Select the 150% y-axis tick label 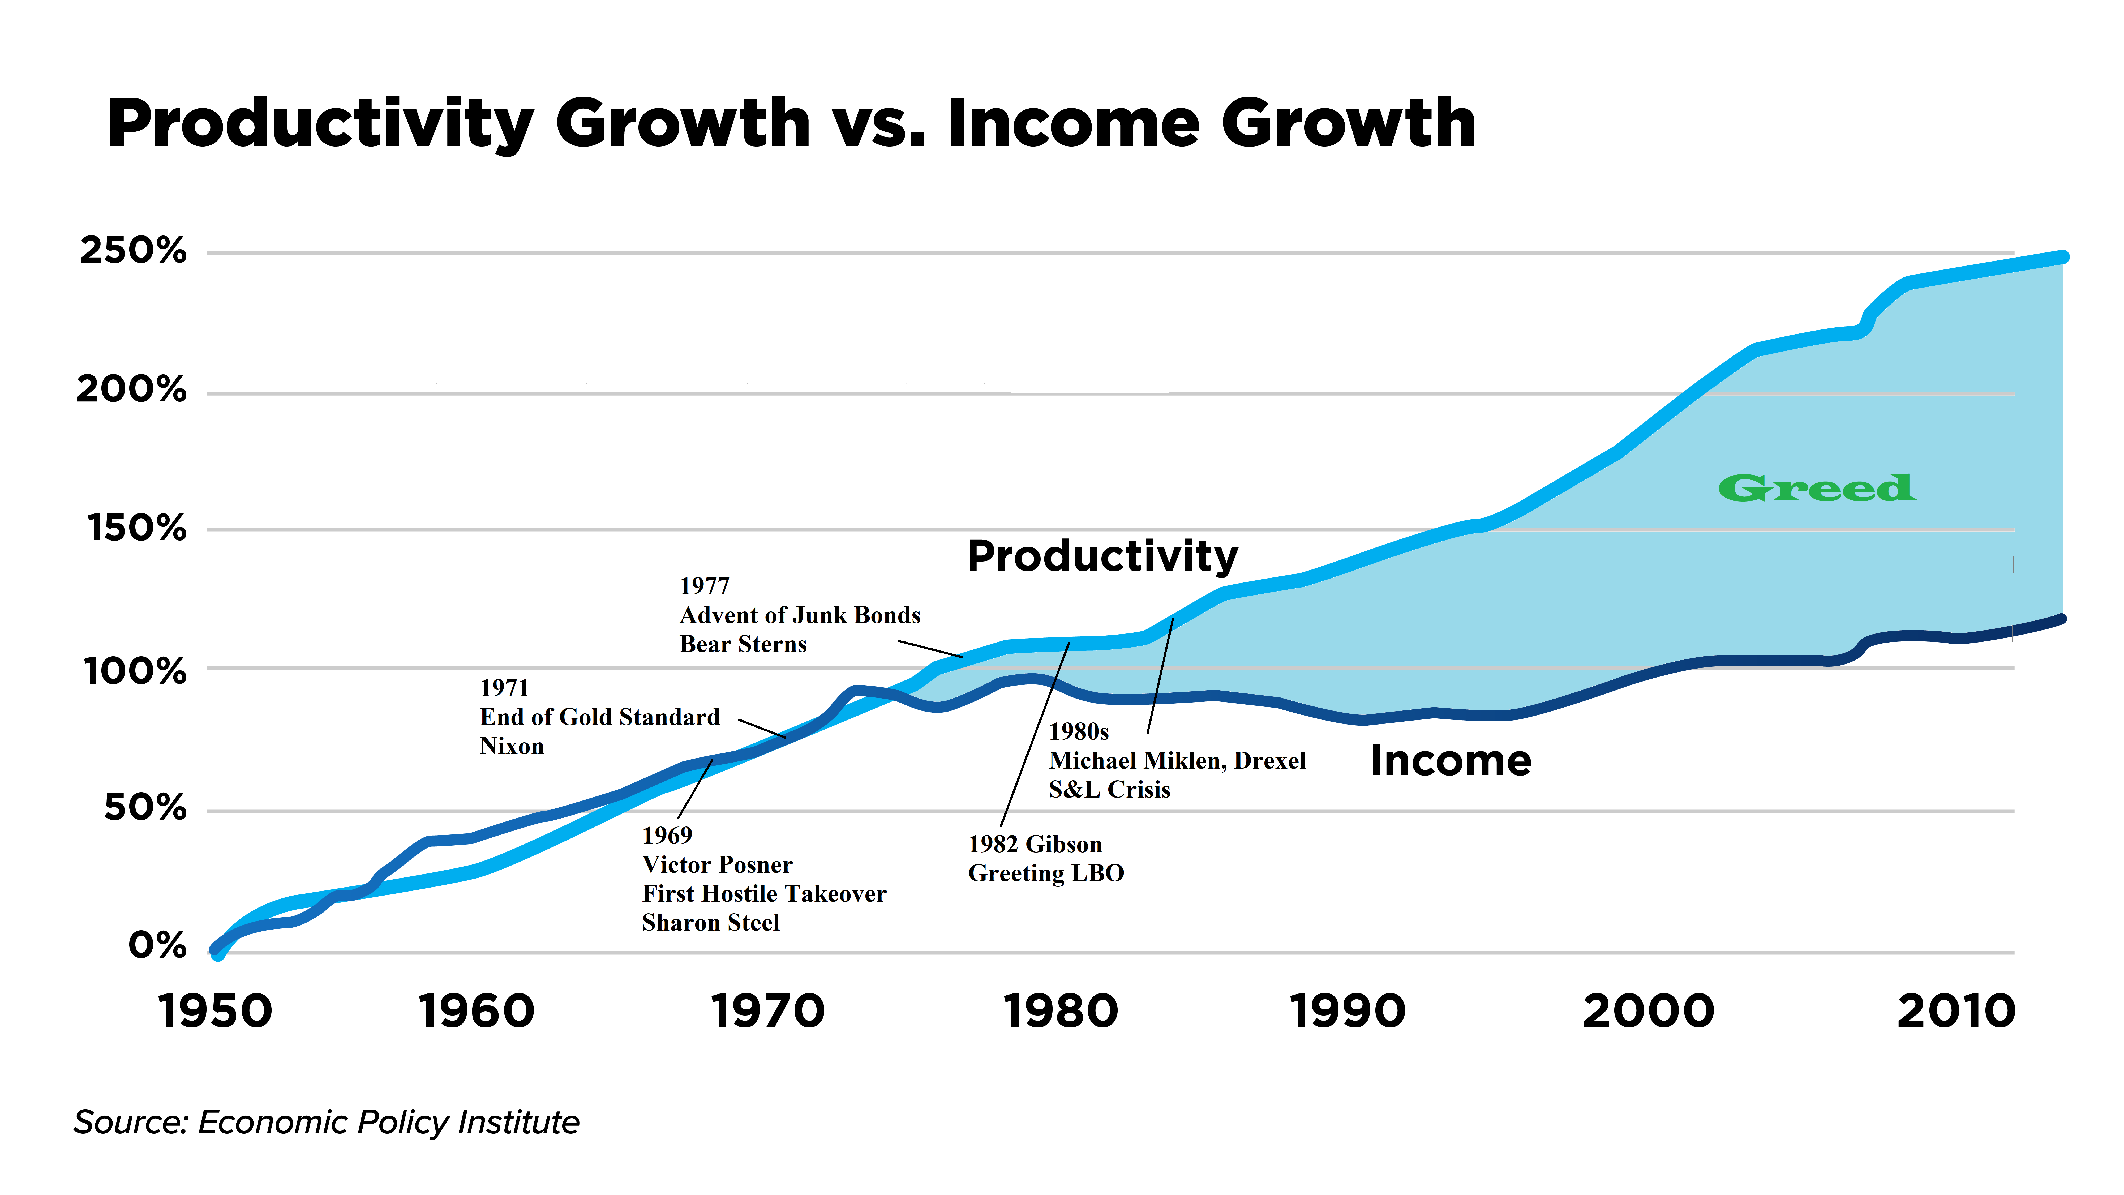[137, 529]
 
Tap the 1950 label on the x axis [215, 1012]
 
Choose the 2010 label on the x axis [1956, 1012]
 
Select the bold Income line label [1450, 760]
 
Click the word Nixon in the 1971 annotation [511, 746]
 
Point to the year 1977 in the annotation [704, 586]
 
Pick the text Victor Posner [716, 864]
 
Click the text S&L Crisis [1109, 790]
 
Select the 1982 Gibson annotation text [1035, 845]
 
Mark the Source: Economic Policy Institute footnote [327, 1123]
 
